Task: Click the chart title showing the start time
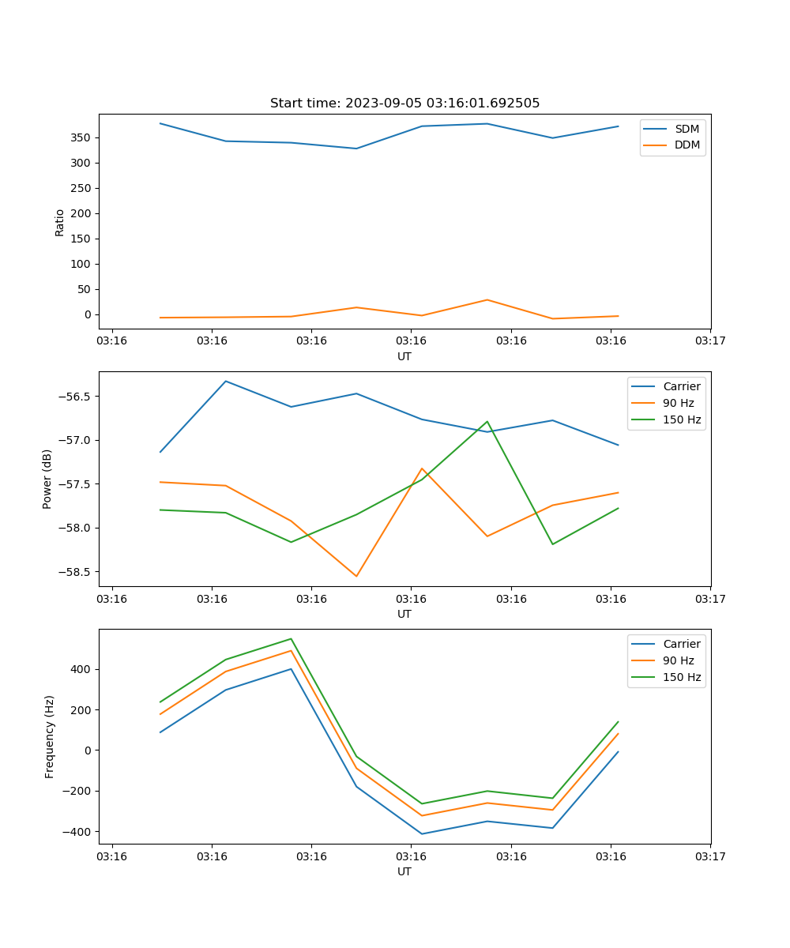tap(404, 103)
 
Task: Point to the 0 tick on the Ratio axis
tap(87, 314)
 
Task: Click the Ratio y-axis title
tap(60, 222)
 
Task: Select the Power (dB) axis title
tap(47, 479)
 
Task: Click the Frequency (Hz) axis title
tap(50, 736)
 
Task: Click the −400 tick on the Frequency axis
tap(77, 832)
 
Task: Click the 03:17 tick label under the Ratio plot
tap(710, 341)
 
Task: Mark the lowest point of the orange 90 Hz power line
tap(356, 576)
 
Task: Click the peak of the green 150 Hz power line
tap(487, 421)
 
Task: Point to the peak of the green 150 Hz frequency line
tap(291, 638)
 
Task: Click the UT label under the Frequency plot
tap(404, 871)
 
